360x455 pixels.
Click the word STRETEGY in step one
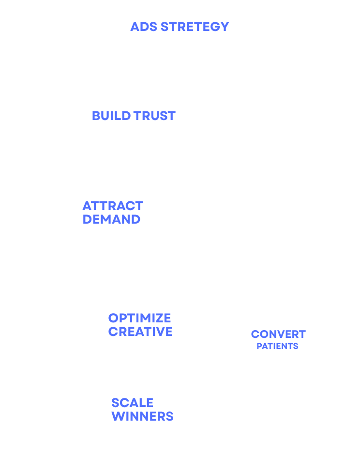[x=195, y=26]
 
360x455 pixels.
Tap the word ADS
[x=144, y=26]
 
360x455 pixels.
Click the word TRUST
[x=154, y=116]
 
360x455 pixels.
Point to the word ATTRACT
[x=113, y=206]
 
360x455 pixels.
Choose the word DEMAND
[x=111, y=219]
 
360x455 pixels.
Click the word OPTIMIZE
[x=139, y=318]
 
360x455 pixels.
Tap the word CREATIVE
[x=140, y=332]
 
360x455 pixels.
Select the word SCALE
[x=132, y=403]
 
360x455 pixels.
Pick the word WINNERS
[x=142, y=416]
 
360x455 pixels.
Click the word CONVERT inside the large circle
[x=278, y=334]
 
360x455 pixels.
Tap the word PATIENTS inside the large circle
[x=277, y=346]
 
